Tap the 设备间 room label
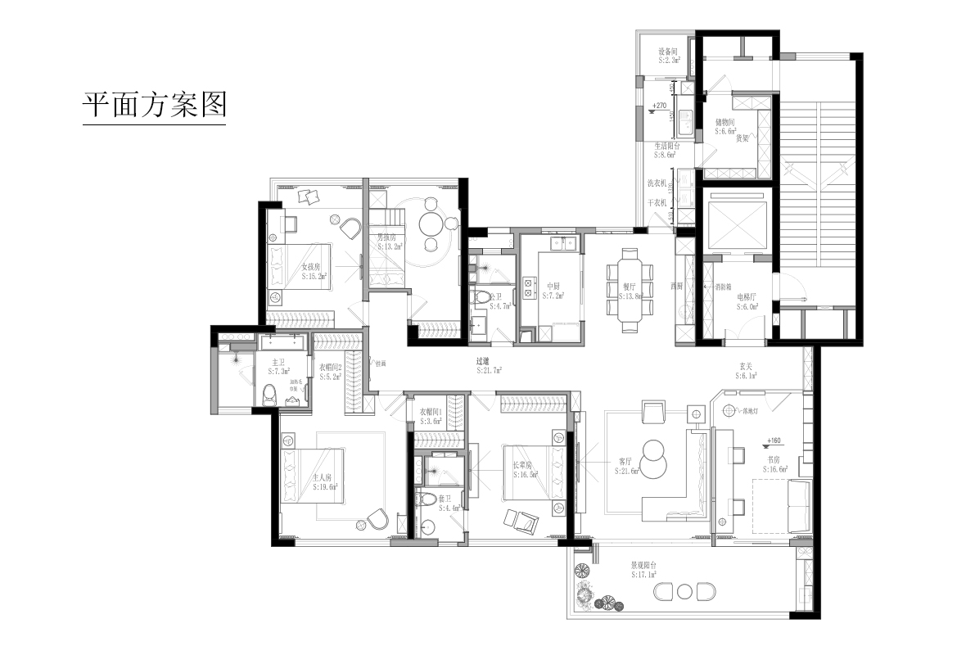click(669, 51)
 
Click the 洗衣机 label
click(657, 183)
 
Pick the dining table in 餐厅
click(629, 291)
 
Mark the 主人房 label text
click(323, 477)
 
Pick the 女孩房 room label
click(311, 267)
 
